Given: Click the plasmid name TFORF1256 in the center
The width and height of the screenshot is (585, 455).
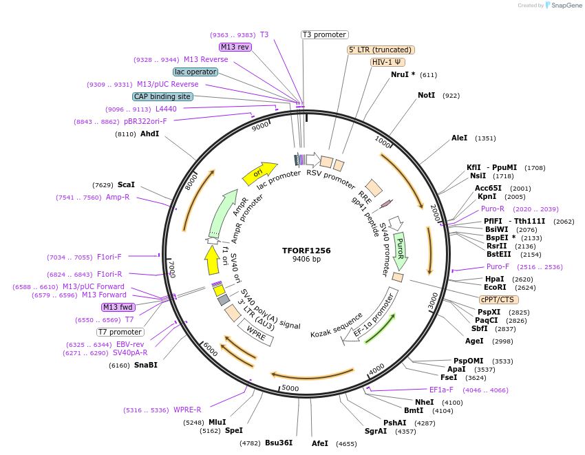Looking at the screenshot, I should click(x=306, y=251).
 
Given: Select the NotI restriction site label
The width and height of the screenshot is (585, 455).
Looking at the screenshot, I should click(x=426, y=95).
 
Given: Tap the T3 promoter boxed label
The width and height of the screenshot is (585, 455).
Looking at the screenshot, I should click(x=325, y=34).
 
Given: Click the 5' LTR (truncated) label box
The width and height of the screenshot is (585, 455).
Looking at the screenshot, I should click(x=380, y=50).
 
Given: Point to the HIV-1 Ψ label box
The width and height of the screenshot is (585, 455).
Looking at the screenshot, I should click(x=387, y=62).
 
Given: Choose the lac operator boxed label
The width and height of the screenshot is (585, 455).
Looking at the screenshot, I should click(x=196, y=72).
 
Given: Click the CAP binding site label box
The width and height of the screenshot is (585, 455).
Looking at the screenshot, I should click(x=162, y=97).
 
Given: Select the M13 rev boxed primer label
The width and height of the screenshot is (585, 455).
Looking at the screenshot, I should click(x=235, y=47).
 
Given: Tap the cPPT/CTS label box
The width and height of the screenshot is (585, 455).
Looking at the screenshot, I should click(x=499, y=299).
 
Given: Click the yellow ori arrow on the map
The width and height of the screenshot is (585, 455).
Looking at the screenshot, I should click(x=259, y=173).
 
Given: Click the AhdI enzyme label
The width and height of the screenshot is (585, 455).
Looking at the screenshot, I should click(x=149, y=134).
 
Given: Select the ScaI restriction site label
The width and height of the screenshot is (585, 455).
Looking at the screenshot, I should click(x=126, y=184).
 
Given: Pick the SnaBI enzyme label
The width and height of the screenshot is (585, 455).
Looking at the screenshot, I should click(x=145, y=365).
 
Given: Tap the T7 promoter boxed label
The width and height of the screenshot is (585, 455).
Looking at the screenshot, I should click(x=120, y=332).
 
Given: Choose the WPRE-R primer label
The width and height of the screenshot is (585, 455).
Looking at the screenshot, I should click(x=187, y=410).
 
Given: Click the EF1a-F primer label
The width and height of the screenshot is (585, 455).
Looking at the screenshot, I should click(x=441, y=390).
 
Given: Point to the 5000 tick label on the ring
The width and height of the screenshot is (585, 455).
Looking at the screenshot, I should click(x=290, y=388).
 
